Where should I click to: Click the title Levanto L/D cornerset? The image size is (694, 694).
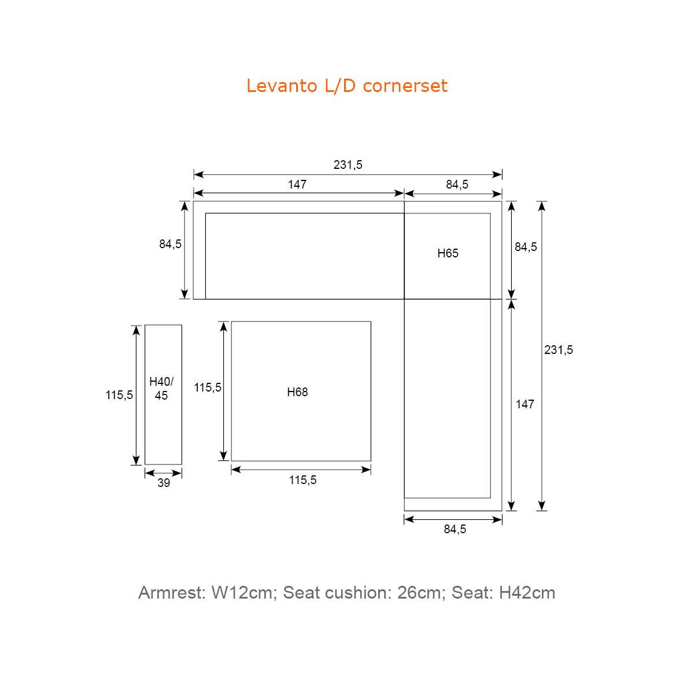click(347, 86)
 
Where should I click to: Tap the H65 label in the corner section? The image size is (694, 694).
click(448, 253)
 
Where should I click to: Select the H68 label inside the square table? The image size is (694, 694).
click(297, 392)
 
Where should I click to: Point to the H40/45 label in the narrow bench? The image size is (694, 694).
click(161, 389)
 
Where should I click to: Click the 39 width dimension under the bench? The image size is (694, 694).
click(164, 483)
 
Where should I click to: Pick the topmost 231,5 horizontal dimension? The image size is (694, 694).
click(348, 165)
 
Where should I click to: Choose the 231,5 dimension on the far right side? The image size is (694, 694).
click(558, 350)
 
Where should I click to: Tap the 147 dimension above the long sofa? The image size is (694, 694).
click(297, 184)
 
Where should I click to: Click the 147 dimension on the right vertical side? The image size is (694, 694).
click(525, 404)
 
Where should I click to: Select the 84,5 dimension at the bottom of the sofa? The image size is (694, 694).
click(455, 529)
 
